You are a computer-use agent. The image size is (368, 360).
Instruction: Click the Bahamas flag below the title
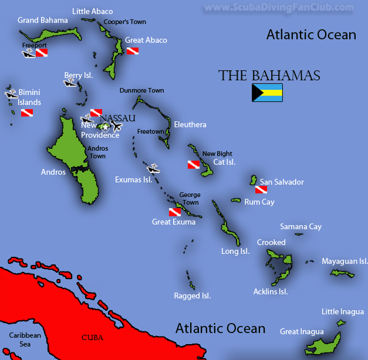click(x=267, y=93)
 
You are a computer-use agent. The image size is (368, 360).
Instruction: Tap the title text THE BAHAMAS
click(x=269, y=76)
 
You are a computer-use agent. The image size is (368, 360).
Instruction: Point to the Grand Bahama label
click(x=40, y=20)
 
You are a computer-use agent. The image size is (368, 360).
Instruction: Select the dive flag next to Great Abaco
click(x=133, y=51)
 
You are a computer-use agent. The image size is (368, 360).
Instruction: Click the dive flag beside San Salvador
click(x=261, y=190)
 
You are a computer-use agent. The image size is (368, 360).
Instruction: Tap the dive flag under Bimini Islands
click(x=27, y=113)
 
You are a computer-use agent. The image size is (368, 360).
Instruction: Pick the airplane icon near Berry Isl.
click(x=70, y=83)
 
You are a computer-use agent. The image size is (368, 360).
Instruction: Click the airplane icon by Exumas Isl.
click(x=154, y=169)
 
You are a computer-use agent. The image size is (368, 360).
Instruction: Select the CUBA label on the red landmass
click(x=92, y=337)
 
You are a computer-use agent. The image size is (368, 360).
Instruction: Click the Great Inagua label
click(x=302, y=332)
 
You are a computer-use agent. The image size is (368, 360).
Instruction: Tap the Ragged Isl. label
click(x=193, y=296)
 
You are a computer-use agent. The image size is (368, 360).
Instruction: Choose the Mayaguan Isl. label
click(x=345, y=261)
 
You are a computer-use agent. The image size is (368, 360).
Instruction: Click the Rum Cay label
click(x=259, y=202)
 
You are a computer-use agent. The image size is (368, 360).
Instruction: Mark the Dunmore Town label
click(x=141, y=91)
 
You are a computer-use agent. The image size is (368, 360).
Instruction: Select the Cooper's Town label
click(x=124, y=22)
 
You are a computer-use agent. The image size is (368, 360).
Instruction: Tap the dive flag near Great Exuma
click(x=174, y=212)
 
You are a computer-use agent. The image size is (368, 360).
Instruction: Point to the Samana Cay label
click(x=301, y=227)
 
